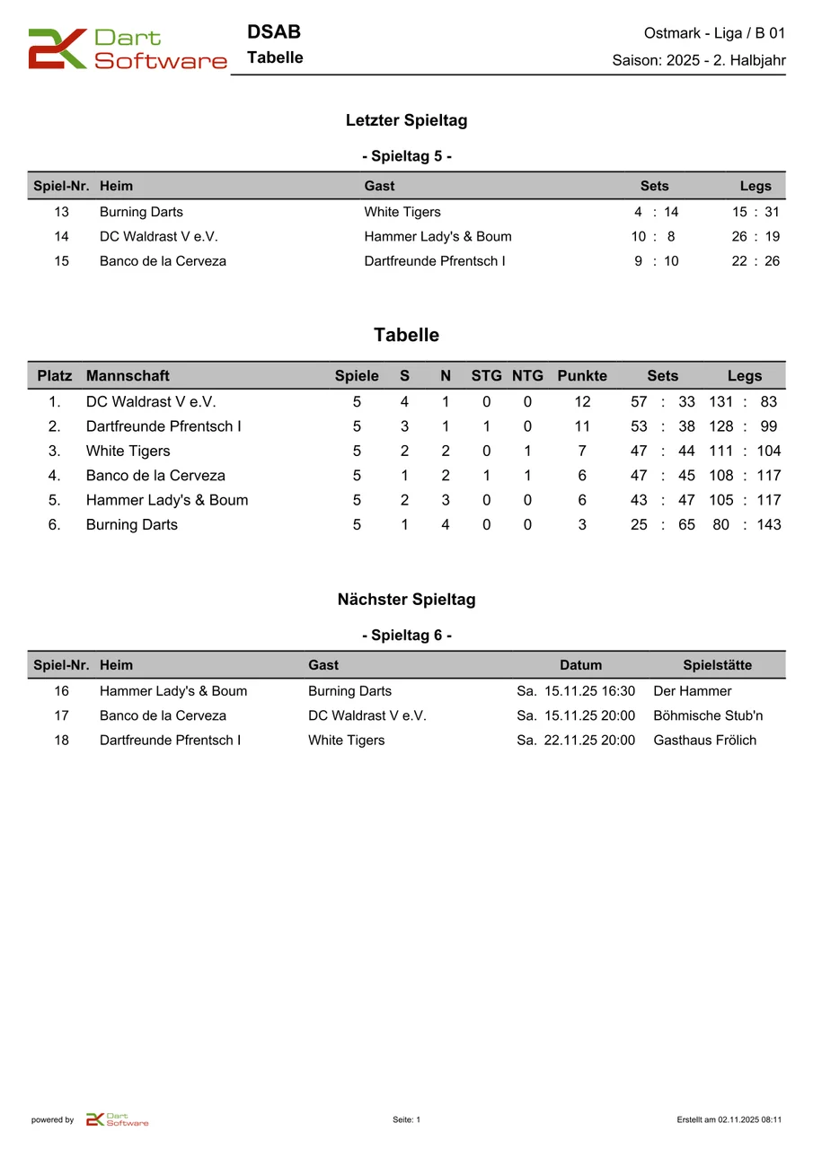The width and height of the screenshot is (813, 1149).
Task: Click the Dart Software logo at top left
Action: (x=127, y=49)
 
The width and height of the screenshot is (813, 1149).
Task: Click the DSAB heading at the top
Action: (x=273, y=32)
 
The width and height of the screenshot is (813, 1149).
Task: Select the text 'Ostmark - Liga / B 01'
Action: (x=714, y=33)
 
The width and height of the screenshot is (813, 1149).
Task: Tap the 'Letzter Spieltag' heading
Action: (x=406, y=120)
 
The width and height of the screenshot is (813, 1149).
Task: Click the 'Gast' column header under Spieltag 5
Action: (x=379, y=186)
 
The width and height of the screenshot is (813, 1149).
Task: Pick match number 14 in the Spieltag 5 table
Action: (x=61, y=237)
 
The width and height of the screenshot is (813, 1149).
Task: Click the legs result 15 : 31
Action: (x=756, y=212)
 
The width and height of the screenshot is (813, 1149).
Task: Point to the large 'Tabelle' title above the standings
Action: (x=406, y=335)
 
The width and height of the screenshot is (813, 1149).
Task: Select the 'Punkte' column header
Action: (x=582, y=375)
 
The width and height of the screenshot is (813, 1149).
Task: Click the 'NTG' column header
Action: (x=527, y=375)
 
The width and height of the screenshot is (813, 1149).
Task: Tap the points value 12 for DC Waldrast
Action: (x=582, y=402)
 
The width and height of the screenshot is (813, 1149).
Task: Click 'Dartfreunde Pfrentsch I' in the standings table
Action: (x=163, y=426)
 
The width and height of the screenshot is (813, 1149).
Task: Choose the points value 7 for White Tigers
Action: (x=582, y=451)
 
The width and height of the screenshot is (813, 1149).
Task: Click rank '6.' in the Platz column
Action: (x=55, y=524)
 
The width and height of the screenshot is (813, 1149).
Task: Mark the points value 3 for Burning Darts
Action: (x=582, y=524)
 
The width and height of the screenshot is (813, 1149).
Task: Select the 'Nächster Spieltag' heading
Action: (x=406, y=600)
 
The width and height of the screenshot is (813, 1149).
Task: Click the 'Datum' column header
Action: (x=580, y=665)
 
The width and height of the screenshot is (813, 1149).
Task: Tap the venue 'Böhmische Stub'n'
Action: (x=708, y=715)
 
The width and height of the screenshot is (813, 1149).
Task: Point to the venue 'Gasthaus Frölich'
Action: (x=704, y=741)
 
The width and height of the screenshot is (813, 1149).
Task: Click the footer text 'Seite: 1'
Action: (x=406, y=1119)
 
